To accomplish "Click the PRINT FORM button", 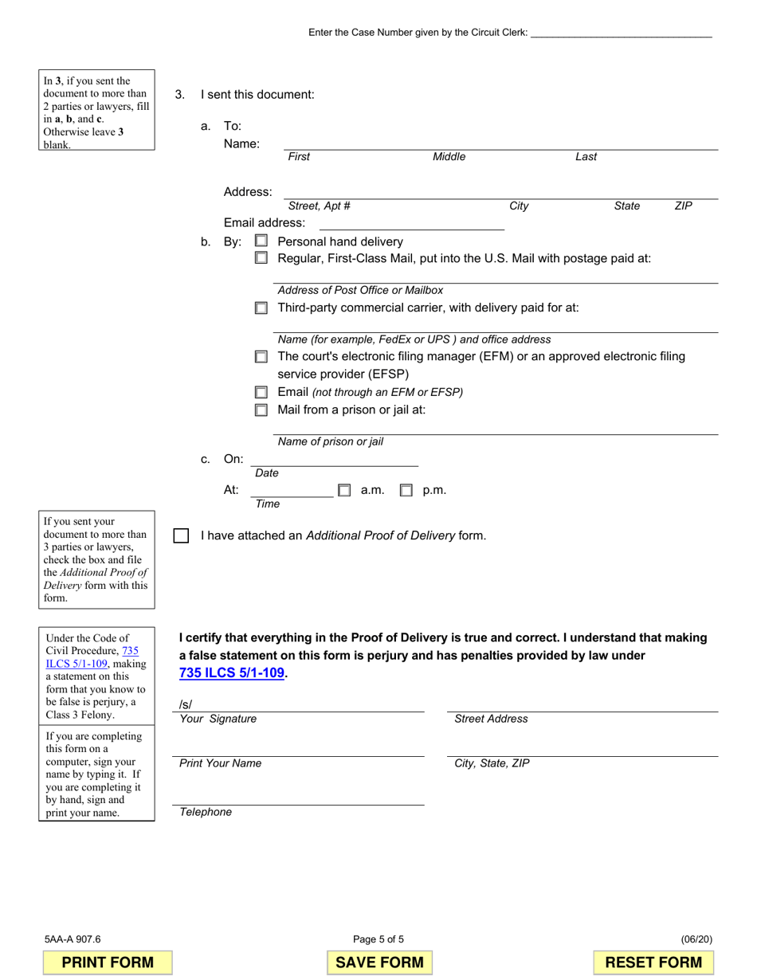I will (108, 962).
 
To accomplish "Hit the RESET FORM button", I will (653, 962).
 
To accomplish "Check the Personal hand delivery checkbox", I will (261, 241).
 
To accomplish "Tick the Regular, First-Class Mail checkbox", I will (261, 258).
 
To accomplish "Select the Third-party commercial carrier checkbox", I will (261, 308).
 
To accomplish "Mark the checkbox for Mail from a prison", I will (261, 410).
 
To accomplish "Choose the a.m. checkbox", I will (344, 491).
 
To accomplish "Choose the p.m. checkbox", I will (406, 491).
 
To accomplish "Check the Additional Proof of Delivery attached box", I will (181, 535).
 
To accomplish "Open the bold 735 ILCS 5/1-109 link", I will (232, 672).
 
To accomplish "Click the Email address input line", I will (411, 224).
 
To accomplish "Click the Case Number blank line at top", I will (621, 33).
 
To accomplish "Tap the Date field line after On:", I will (334, 461).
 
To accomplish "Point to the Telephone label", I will (206, 812).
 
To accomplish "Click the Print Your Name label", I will (220, 763).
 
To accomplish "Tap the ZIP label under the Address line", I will (683, 206).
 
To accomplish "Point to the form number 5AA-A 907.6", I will (73, 939).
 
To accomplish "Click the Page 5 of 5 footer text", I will (378, 939).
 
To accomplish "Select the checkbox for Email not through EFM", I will (261, 393).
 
